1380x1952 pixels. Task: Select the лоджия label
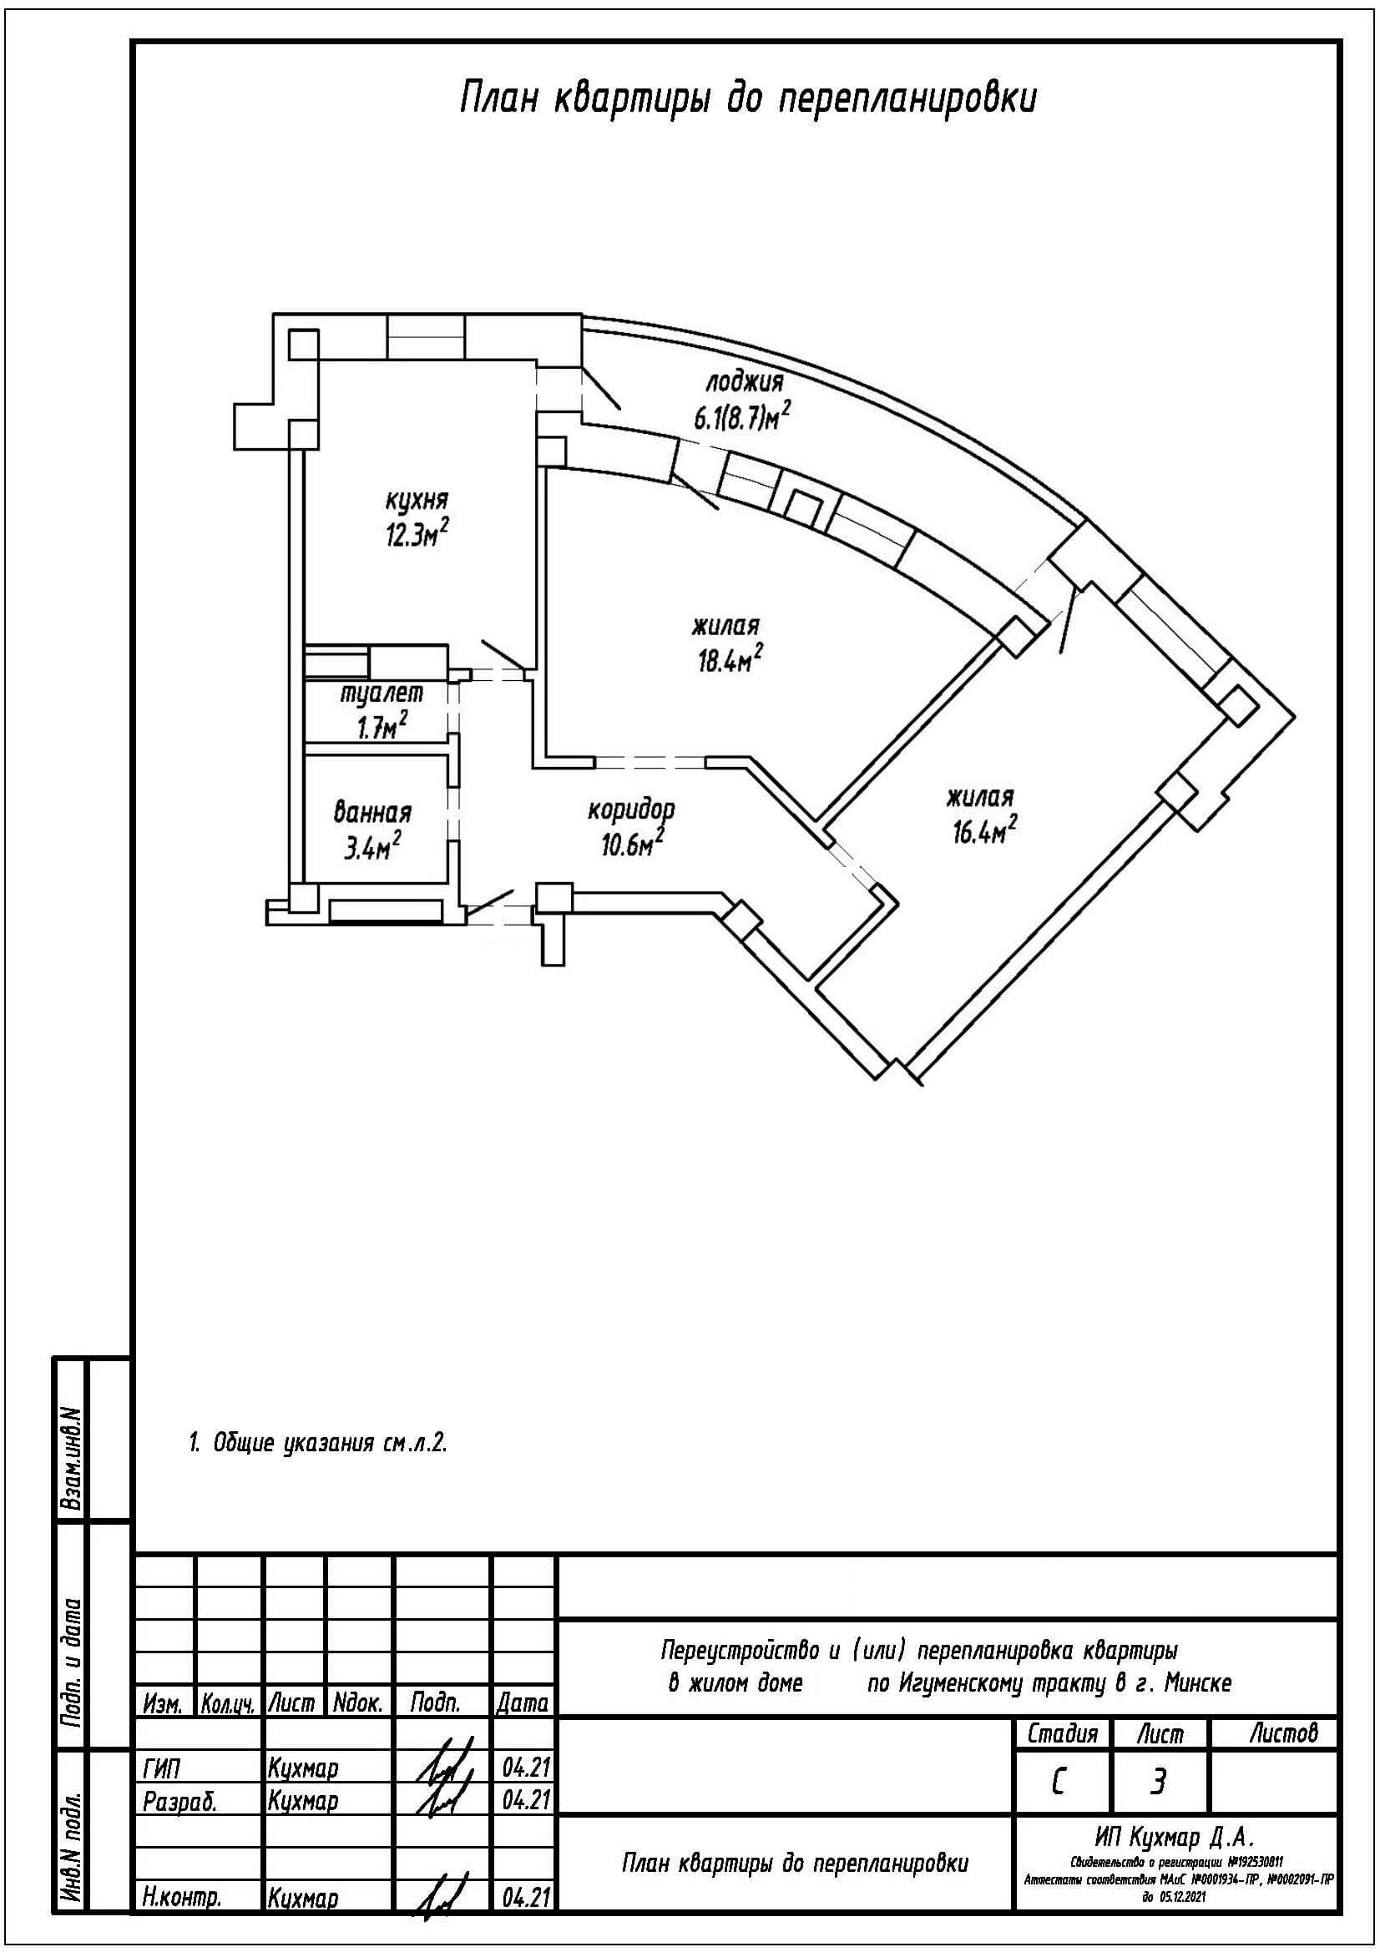point(743,383)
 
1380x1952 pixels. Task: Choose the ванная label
point(372,814)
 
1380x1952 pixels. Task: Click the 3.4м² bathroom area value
point(372,848)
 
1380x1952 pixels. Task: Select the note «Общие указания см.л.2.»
point(318,1444)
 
